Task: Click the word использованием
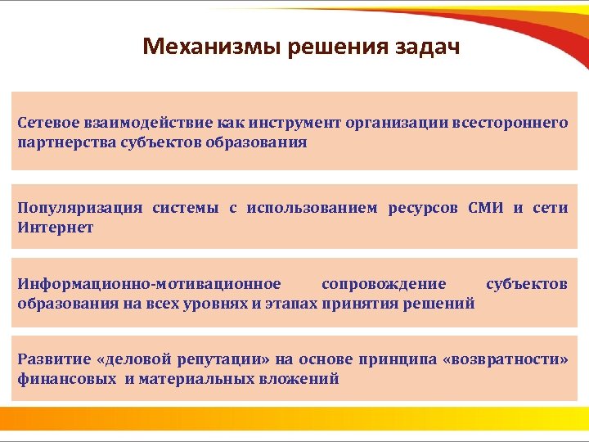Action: (x=312, y=208)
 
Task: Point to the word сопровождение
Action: (x=384, y=284)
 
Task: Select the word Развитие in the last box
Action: (x=48, y=360)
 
